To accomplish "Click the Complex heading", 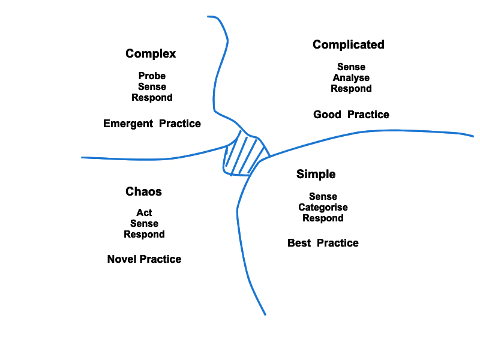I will click(x=151, y=53).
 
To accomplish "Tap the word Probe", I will click(x=152, y=76).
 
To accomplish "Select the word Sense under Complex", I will click(x=152, y=86).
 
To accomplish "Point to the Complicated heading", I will click(x=348, y=44).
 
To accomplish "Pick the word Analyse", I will click(x=351, y=77).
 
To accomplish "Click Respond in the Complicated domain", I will click(x=351, y=88).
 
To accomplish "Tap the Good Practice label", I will click(x=351, y=115).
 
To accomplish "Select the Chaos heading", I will click(x=143, y=191).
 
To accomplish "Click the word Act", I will click(x=144, y=212).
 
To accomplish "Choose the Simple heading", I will click(x=316, y=174).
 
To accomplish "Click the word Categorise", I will click(x=323, y=208).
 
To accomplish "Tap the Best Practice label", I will click(x=323, y=243).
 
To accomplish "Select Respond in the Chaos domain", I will click(x=144, y=234).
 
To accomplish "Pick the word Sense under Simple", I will click(x=323, y=197).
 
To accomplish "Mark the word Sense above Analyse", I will click(x=351, y=67).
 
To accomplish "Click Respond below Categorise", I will click(x=323, y=218).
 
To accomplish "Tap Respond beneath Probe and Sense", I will click(x=152, y=97).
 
